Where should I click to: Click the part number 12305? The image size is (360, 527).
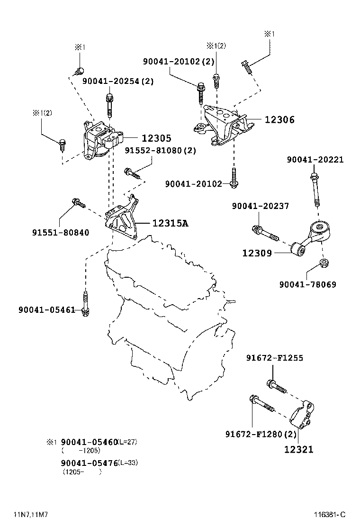point(156,138)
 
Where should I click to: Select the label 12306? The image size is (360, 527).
point(279,120)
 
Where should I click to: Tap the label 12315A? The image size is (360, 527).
point(170,223)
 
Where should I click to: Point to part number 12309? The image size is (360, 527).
point(257,254)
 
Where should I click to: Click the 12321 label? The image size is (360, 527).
point(298,449)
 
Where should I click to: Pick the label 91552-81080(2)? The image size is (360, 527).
point(160,150)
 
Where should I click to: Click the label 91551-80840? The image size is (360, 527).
point(61,233)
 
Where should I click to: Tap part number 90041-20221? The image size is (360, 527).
point(315,160)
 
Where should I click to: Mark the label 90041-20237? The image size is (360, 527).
point(260,206)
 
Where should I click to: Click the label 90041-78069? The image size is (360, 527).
point(307,284)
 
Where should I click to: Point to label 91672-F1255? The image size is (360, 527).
point(274,358)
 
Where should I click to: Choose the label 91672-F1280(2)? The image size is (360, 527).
point(261,434)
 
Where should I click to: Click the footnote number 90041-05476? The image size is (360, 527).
point(89,463)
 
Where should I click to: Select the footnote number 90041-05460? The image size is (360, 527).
point(89,442)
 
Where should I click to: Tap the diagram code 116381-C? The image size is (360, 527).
point(329,515)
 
